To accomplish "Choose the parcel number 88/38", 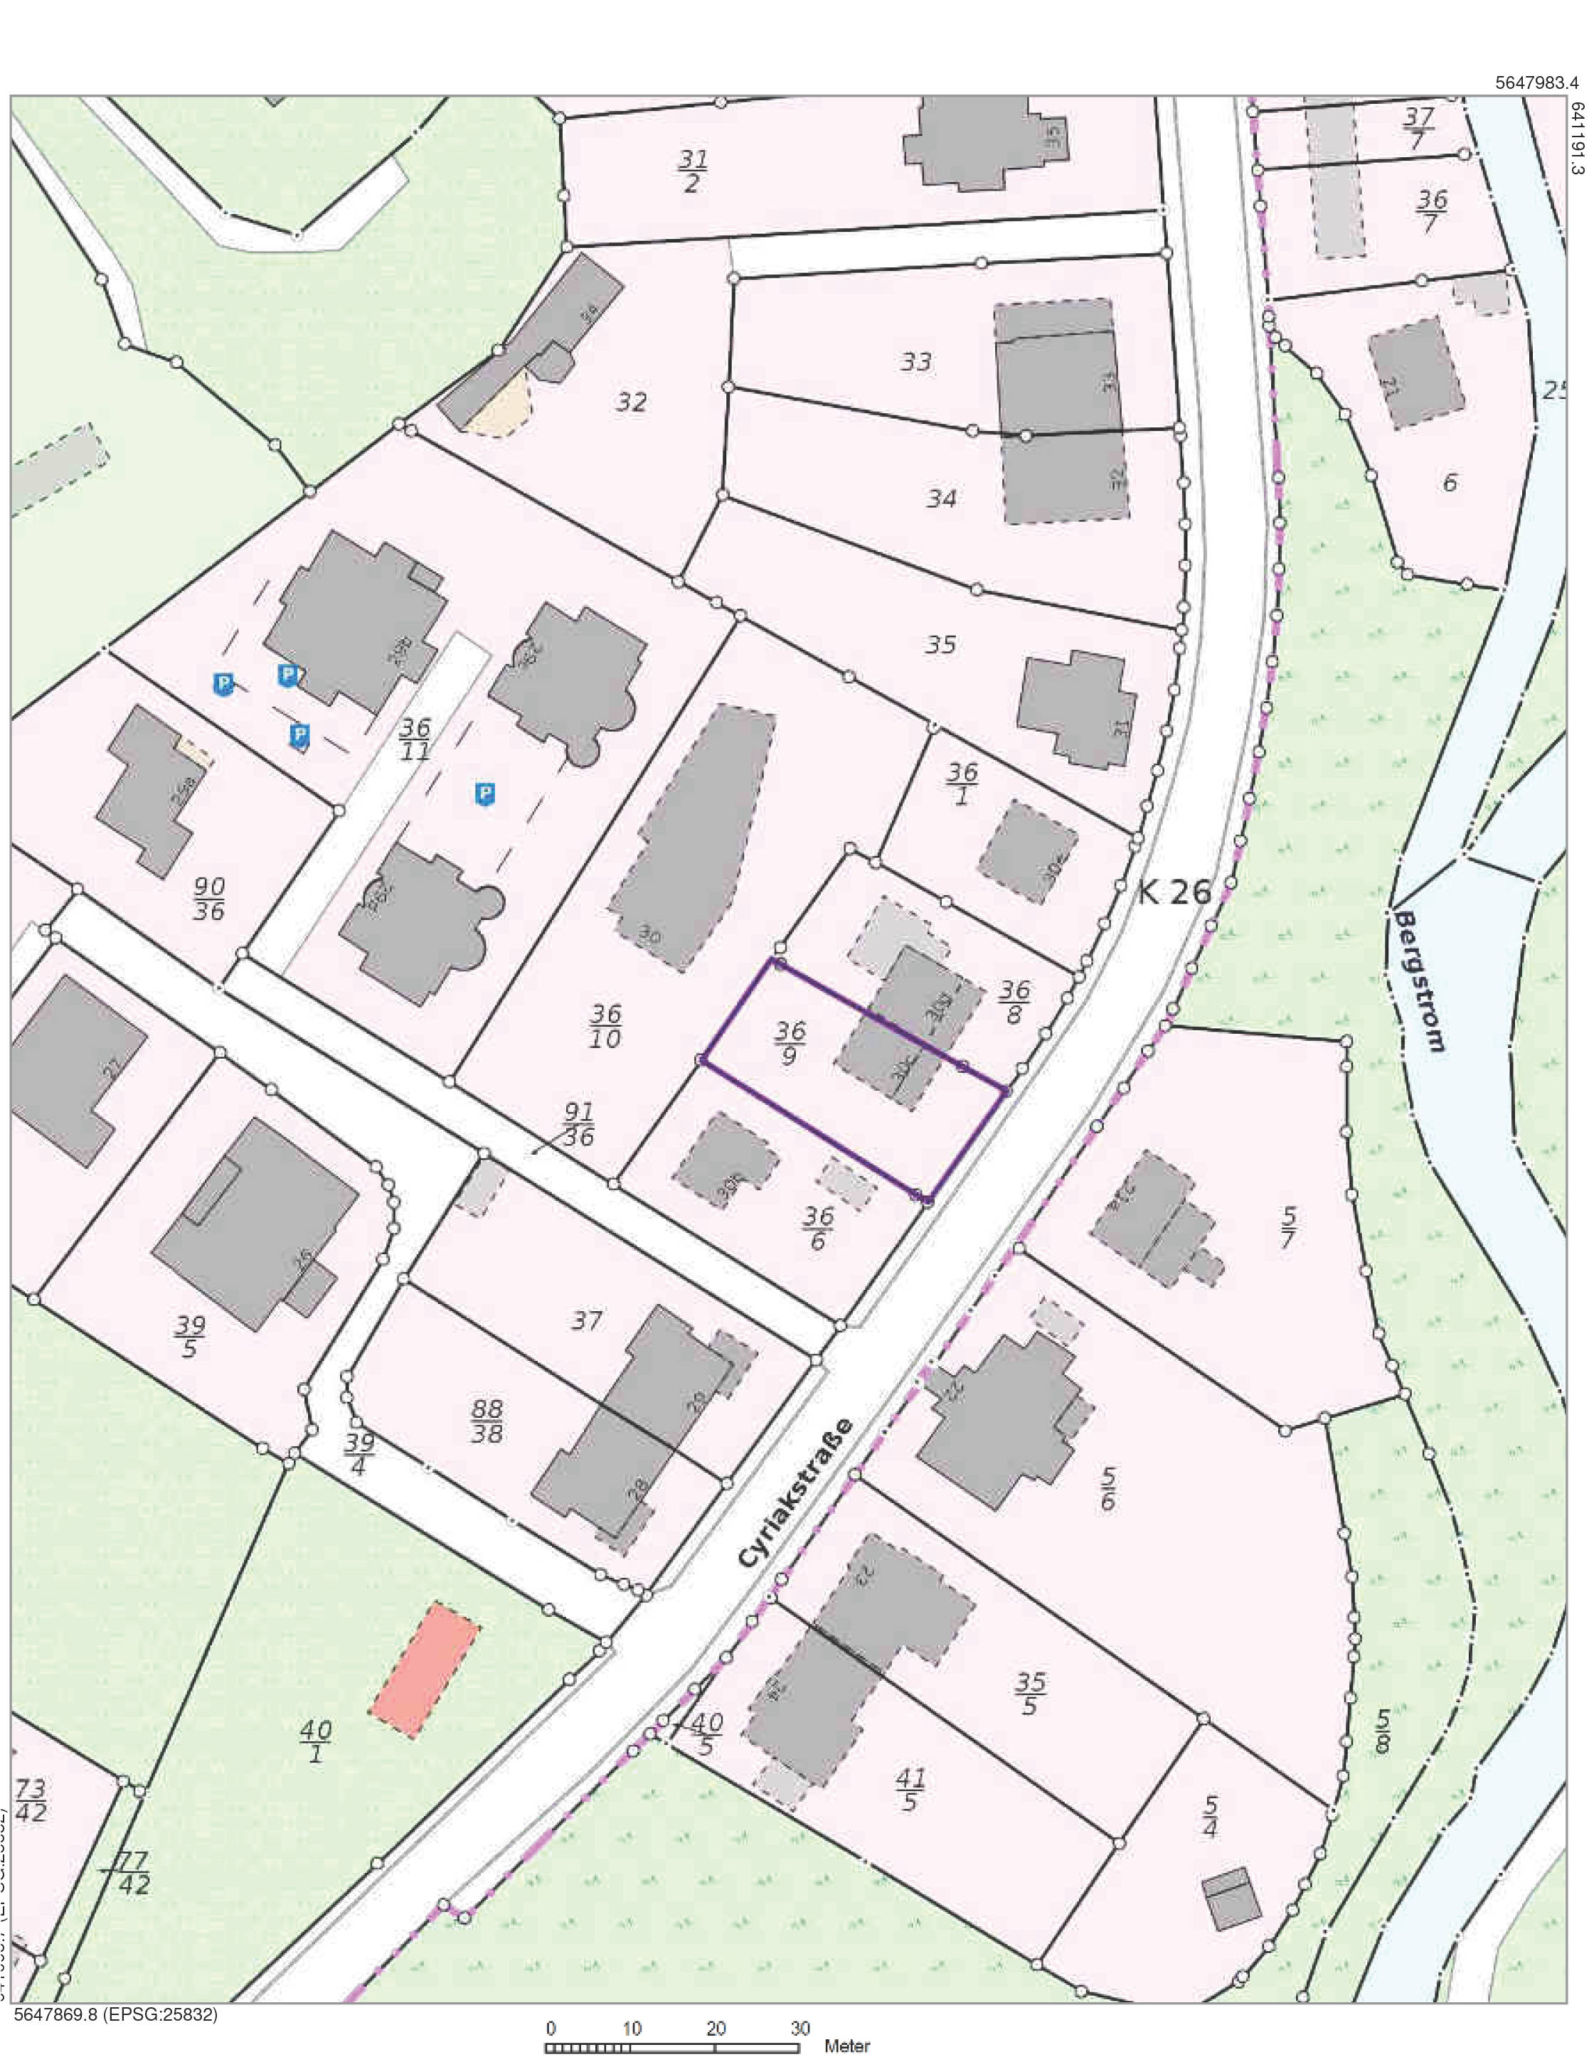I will click(486, 1421).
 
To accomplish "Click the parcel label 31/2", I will click(691, 171).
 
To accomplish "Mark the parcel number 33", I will click(915, 362).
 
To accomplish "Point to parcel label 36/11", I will click(415, 739).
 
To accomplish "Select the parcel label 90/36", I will click(208, 899).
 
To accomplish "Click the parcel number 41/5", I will click(910, 1790).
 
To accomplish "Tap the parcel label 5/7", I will click(1288, 1227).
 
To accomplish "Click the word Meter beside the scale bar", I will click(847, 2045).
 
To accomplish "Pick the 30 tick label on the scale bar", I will click(799, 2027).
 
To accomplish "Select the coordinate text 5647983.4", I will click(1536, 83).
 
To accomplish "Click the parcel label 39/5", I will click(189, 1337).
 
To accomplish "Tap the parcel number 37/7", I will click(1418, 128).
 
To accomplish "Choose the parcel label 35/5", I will click(1031, 1694).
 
